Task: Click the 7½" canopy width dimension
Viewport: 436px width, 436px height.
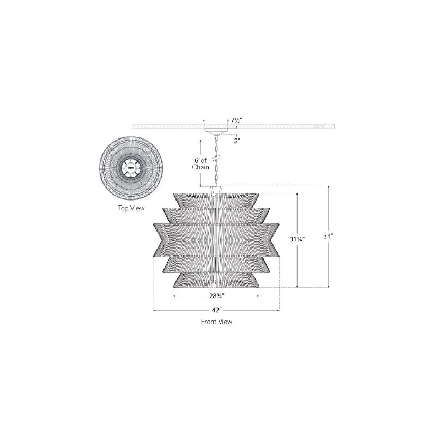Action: click(237, 120)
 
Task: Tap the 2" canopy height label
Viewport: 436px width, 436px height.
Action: click(237, 141)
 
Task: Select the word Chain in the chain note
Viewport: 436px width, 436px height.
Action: click(201, 167)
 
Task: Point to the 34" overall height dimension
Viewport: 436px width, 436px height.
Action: click(328, 236)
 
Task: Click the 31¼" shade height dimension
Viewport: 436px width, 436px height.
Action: click(298, 239)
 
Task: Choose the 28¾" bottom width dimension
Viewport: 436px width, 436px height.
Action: click(217, 296)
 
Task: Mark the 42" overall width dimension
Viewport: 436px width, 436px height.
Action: click(216, 310)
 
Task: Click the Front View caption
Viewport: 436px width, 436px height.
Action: click(216, 322)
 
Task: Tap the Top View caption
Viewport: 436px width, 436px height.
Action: click(131, 208)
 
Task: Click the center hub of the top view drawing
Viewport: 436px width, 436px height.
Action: click(131, 168)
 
